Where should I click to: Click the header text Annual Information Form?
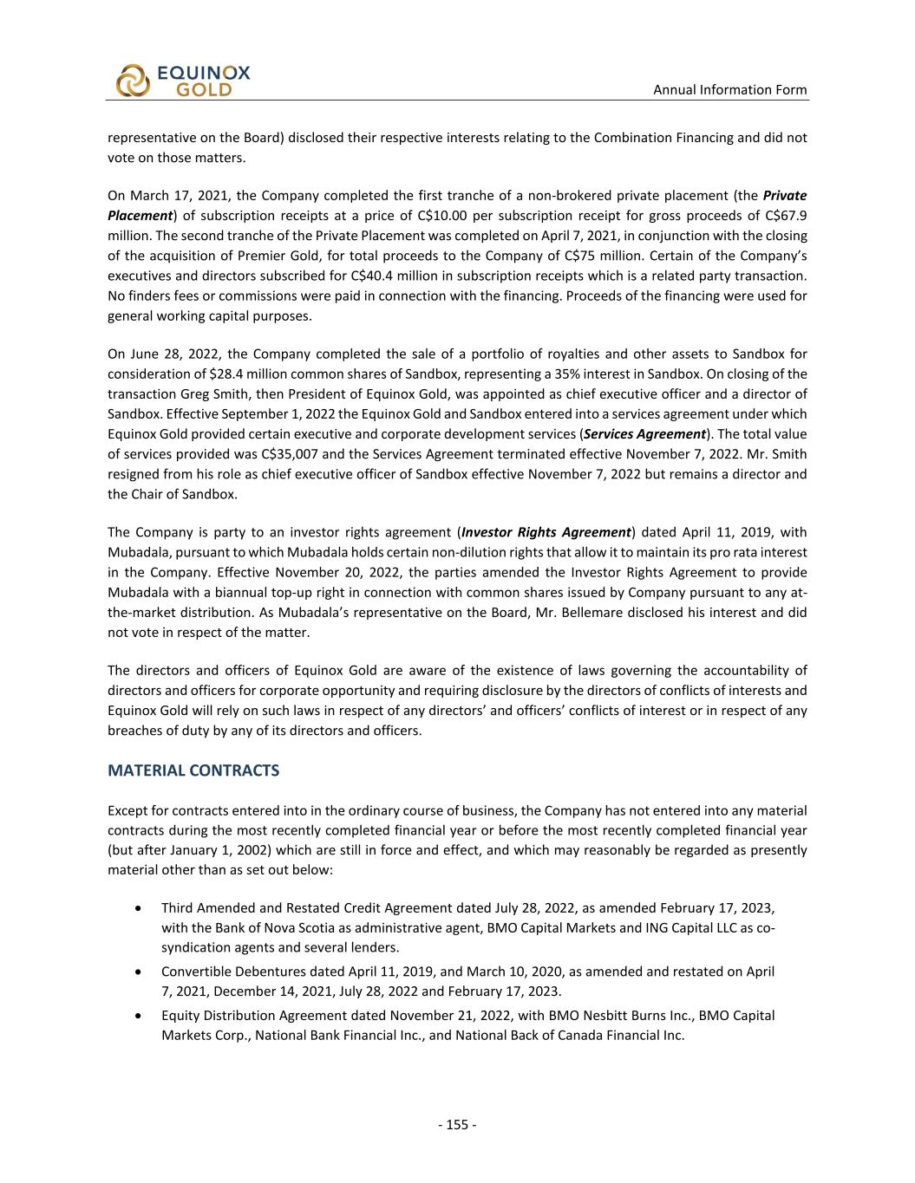pyautogui.click(x=729, y=89)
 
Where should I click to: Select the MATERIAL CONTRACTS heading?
pyautogui.click(x=193, y=770)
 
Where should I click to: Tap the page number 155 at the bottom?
pyautogui.click(x=457, y=1125)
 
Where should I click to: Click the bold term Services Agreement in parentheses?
pyautogui.click(x=658, y=434)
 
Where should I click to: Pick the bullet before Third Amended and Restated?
pyautogui.click(x=140, y=908)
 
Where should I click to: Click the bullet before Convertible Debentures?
pyautogui.click(x=140, y=972)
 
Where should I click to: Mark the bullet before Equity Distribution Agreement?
pyautogui.click(x=140, y=1015)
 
